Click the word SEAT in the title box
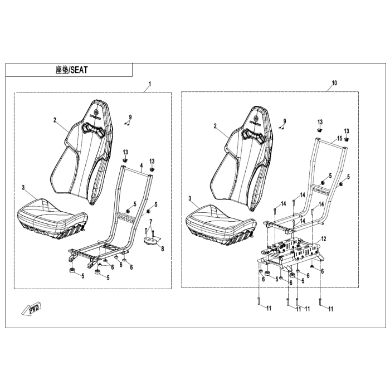pyautogui.click(x=80, y=71)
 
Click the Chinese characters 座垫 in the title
pyautogui.click(x=62, y=71)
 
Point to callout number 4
pyautogui.click(x=142, y=165)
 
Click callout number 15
pyautogui.click(x=339, y=137)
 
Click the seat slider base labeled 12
pyautogui.click(x=292, y=253)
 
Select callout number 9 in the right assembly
pyautogui.click(x=284, y=121)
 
